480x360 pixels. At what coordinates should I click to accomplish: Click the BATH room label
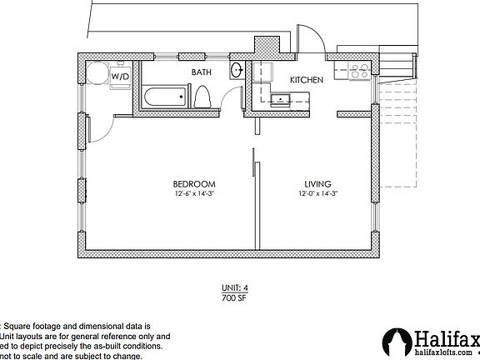click(202, 72)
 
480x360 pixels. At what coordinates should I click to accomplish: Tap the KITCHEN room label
click(306, 79)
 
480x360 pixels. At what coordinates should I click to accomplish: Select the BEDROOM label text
click(195, 183)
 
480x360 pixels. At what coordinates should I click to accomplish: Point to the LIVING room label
click(317, 183)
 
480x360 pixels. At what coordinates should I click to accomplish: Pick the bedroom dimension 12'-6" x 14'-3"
click(195, 194)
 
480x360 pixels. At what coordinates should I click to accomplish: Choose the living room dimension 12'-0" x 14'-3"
click(317, 194)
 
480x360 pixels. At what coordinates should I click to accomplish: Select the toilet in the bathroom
click(201, 97)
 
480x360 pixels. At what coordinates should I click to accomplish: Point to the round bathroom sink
click(236, 70)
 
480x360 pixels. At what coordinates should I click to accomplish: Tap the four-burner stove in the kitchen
click(360, 72)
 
